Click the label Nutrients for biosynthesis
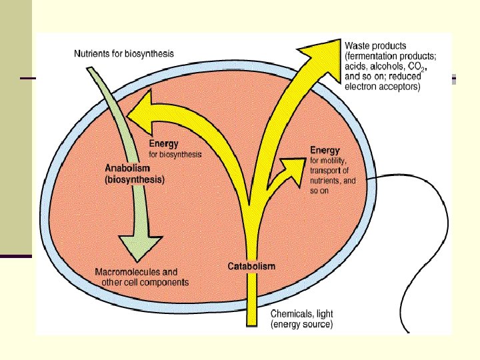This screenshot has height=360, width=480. (124, 54)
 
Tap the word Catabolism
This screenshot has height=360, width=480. (251, 266)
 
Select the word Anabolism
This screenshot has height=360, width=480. (127, 168)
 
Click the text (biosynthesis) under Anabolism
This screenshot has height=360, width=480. (135, 179)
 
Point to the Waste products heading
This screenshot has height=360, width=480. (375, 46)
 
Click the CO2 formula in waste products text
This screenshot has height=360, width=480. (416, 67)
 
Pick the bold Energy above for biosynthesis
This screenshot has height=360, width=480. (163, 144)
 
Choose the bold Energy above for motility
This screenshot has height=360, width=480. (325, 150)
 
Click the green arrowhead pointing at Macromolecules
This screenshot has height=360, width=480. (141, 247)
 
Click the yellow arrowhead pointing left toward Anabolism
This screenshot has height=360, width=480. (140, 113)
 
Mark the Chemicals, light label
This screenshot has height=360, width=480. (301, 314)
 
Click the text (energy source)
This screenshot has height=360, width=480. (301, 324)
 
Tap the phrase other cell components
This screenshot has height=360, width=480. (145, 282)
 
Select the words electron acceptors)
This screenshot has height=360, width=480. (383, 87)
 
